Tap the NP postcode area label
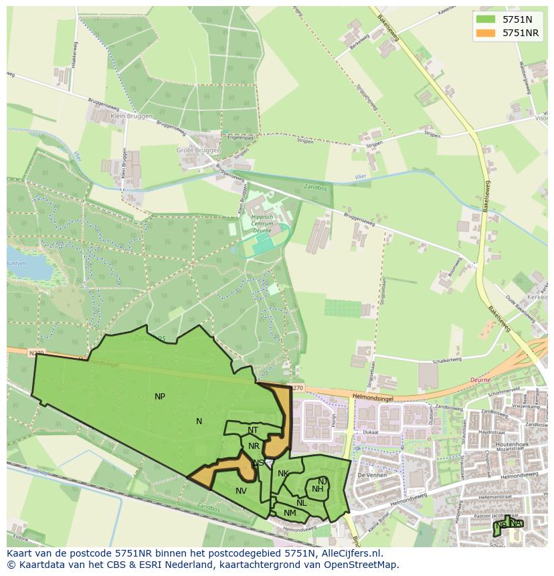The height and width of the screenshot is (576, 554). [160, 397]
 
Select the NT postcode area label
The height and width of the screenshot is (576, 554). [253, 430]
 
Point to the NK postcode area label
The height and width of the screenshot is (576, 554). [283, 474]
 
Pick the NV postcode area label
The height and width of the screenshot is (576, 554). [242, 491]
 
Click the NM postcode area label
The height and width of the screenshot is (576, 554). [290, 513]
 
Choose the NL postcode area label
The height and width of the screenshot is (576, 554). [302, 503]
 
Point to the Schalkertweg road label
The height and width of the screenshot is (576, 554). [447, 360]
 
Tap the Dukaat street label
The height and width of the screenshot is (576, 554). [371, 433]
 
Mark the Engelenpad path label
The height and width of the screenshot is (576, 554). [240, 137]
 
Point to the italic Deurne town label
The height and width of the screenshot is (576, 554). [480, 379]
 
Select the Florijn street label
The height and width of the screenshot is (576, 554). [333, 419]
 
